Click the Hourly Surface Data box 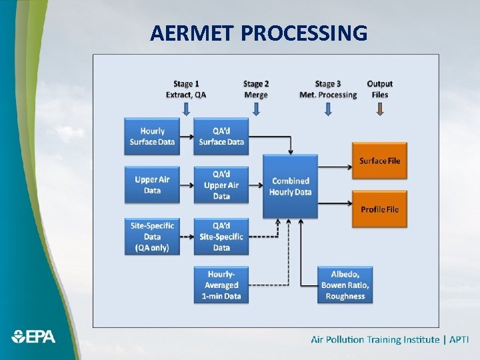coord(152,137)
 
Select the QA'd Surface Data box coord(221,137)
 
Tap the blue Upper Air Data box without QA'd coord(152,185)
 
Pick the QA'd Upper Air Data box coord(221,185)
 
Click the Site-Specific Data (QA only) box coord(152,236)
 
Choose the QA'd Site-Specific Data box coord(221,236)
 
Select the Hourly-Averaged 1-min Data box coord(221,285)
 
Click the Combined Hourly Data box coord(290,186)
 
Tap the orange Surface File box coord(379,161)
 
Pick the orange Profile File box coord(379,209)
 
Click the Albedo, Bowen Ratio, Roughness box coord(345,285)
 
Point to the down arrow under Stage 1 coord(186,109)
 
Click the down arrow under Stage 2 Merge coord(256,109)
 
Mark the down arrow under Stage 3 coord(327,109)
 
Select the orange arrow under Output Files coord(380,109)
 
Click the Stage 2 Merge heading coord(256,89)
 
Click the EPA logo coord(34,337)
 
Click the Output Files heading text coord(380,89)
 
